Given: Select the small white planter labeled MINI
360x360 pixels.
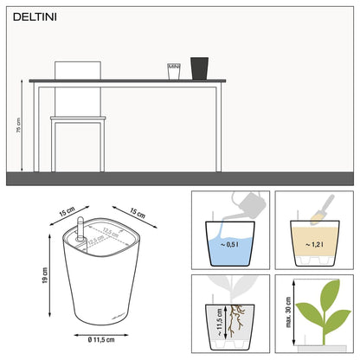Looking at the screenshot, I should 173,71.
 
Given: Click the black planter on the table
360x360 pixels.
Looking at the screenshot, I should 200,69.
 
